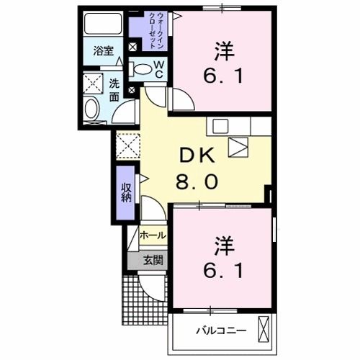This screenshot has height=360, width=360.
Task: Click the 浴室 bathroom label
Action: coord(103,50)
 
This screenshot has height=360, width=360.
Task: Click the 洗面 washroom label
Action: coord(114,89)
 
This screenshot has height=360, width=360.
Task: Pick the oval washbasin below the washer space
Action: coord(92,109)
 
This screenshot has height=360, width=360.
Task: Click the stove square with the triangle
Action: coord(238,147)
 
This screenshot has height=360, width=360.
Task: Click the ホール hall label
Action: coord(153,235)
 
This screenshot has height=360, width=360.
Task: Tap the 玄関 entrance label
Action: coord(151,260)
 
